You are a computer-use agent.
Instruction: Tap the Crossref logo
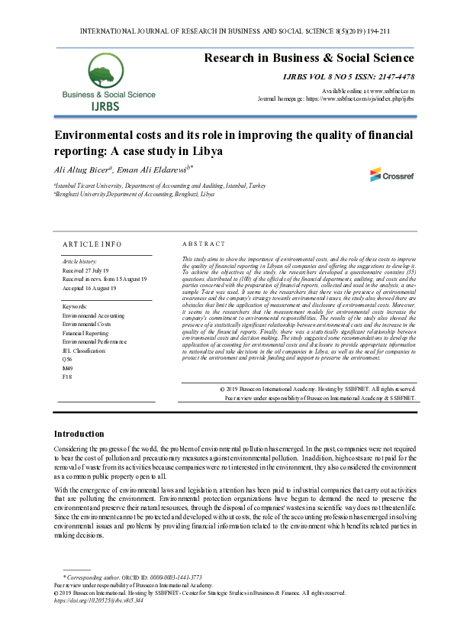(x=393, y=175)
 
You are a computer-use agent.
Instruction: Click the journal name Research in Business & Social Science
(x=308, y=58)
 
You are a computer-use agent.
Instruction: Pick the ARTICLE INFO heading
(x=92, y=244)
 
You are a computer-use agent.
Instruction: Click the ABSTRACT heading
(x=204, y=244)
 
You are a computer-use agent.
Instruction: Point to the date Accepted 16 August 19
(x=89, y=288)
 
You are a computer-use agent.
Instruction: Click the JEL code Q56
(x=67, y=359)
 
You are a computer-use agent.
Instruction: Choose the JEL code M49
(x=67, y=368)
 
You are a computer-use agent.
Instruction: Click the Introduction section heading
(x=79, y=433)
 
